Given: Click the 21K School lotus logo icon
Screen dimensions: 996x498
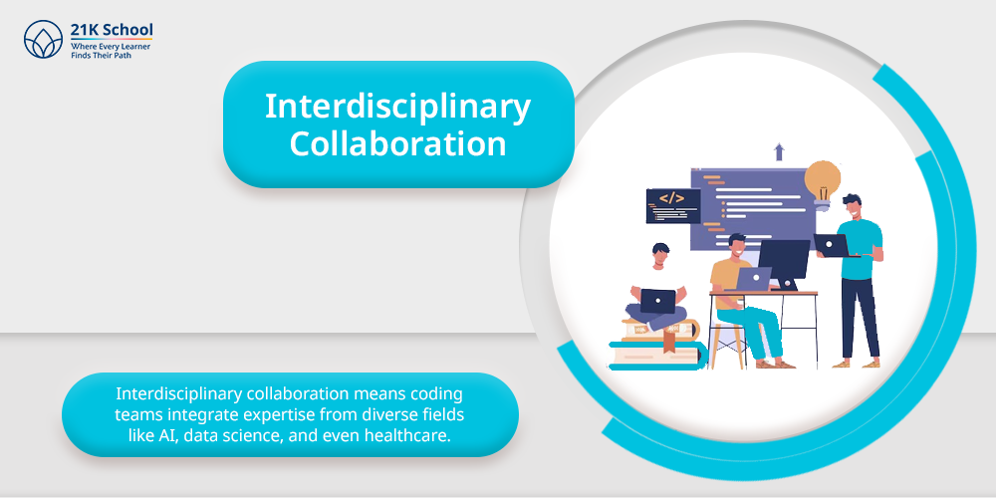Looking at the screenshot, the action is click(x=43, y=40).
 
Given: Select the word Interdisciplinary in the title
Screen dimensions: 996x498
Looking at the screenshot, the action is click(x=397, y=107).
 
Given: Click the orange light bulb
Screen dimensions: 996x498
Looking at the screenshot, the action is click(x=823, y=185).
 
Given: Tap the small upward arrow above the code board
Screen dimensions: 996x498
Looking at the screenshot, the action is click(x=779, y=151).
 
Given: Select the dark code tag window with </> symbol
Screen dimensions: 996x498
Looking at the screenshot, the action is click(x=673, y=206).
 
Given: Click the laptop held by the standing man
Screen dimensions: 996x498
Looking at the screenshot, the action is click(x=833, y=245).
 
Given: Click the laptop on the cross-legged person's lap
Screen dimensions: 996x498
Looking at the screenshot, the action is click(x=657, y=301).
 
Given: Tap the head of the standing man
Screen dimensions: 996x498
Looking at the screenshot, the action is click(x=852, y=206).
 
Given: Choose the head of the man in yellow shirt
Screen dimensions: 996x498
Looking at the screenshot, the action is click(x=737, y=246).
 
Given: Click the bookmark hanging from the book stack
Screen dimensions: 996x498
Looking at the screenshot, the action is click(x=668, y=343).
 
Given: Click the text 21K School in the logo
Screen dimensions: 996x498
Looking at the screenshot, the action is click(x=112, y=31).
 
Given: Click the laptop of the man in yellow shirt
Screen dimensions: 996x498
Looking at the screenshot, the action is click(x=752, y=278).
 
